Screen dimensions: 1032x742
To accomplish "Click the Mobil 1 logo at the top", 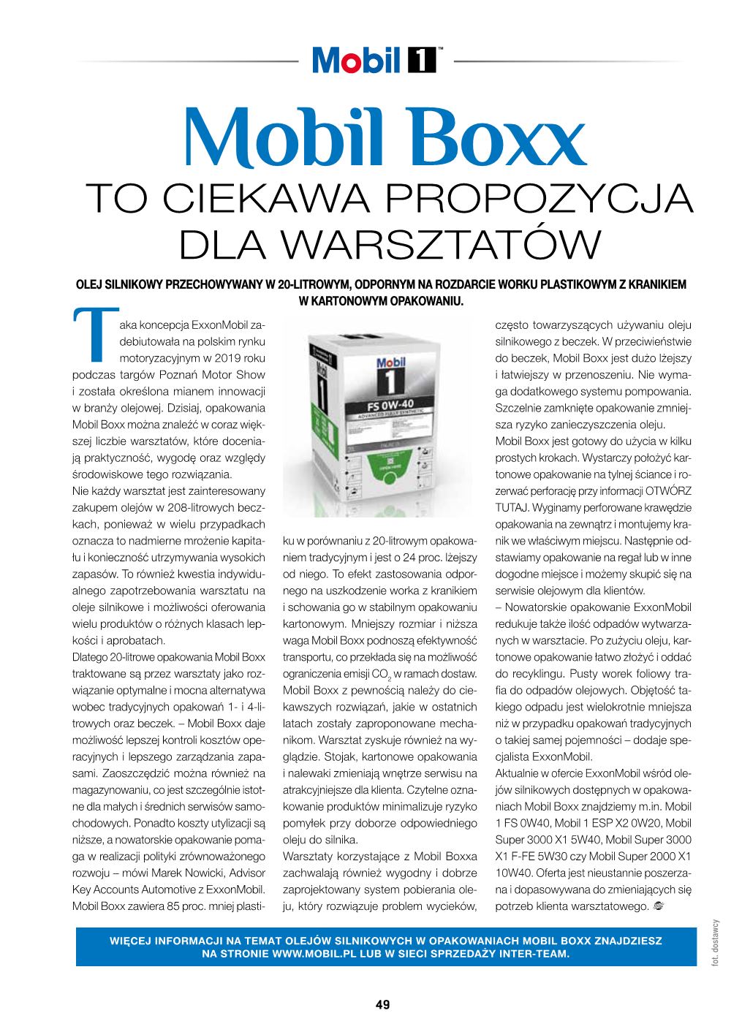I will [374, 60].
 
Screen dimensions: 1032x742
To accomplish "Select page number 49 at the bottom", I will [382, 1004].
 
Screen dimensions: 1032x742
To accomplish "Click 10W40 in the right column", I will [514, 873].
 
